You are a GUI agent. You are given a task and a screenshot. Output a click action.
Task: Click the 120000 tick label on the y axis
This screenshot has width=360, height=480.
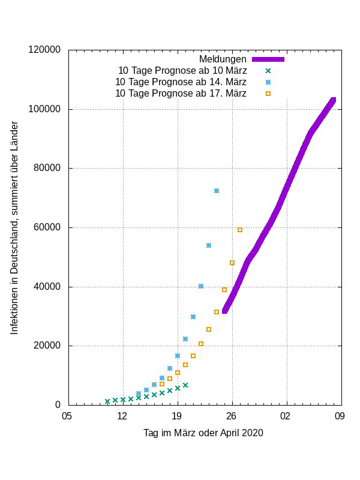coord(44,50)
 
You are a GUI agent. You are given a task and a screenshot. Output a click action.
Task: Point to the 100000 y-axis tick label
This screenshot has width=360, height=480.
coord(44,109)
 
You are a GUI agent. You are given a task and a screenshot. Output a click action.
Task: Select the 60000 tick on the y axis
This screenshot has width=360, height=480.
coord(47,227)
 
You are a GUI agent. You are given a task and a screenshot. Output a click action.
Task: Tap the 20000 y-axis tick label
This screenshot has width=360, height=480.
coord(47,346)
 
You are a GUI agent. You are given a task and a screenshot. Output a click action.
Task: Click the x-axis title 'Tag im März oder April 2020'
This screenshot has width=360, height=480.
coord(203,433)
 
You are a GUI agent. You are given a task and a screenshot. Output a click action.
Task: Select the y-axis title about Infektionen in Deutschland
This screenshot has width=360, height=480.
coord(14,228)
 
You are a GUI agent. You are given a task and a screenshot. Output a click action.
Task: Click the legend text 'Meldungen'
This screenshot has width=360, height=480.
coord(223,59)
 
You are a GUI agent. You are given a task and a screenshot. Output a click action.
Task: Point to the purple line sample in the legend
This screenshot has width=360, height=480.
coord(268,59)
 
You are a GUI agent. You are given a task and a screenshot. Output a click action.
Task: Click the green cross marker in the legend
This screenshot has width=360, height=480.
coord(268,71)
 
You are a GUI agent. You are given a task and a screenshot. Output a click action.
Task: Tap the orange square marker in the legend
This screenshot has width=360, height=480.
coord(268,94)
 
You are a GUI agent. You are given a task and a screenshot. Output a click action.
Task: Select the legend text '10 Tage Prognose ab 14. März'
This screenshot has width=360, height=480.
coord(181,82)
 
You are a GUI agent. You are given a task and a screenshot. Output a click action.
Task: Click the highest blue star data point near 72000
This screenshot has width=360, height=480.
coord(217,191)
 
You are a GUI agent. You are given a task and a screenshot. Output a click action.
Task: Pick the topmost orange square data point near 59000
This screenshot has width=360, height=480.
coord(240,230)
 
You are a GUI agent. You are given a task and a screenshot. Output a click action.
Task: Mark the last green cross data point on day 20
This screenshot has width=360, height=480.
coord(185,385)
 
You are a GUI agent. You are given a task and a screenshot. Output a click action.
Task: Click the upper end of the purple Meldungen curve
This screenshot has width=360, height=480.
coord(333,100)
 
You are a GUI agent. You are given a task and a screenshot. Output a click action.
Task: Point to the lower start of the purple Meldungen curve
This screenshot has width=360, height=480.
coord(224,311)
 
